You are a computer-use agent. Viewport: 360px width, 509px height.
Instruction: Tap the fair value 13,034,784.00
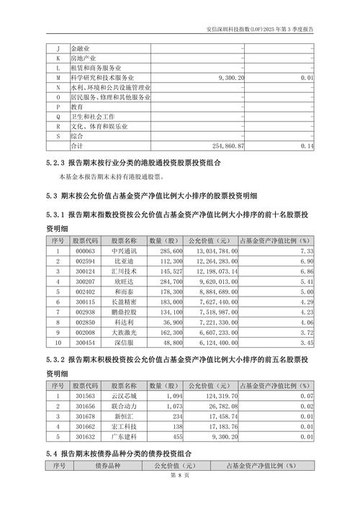click(x=208, y=251)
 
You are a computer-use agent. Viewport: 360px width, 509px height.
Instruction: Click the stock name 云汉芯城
click(x=124, y=395)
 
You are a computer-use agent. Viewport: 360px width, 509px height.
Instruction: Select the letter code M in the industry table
click(x=58, y=76)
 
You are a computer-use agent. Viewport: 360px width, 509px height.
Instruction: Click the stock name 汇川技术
click(x=124, y=271)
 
